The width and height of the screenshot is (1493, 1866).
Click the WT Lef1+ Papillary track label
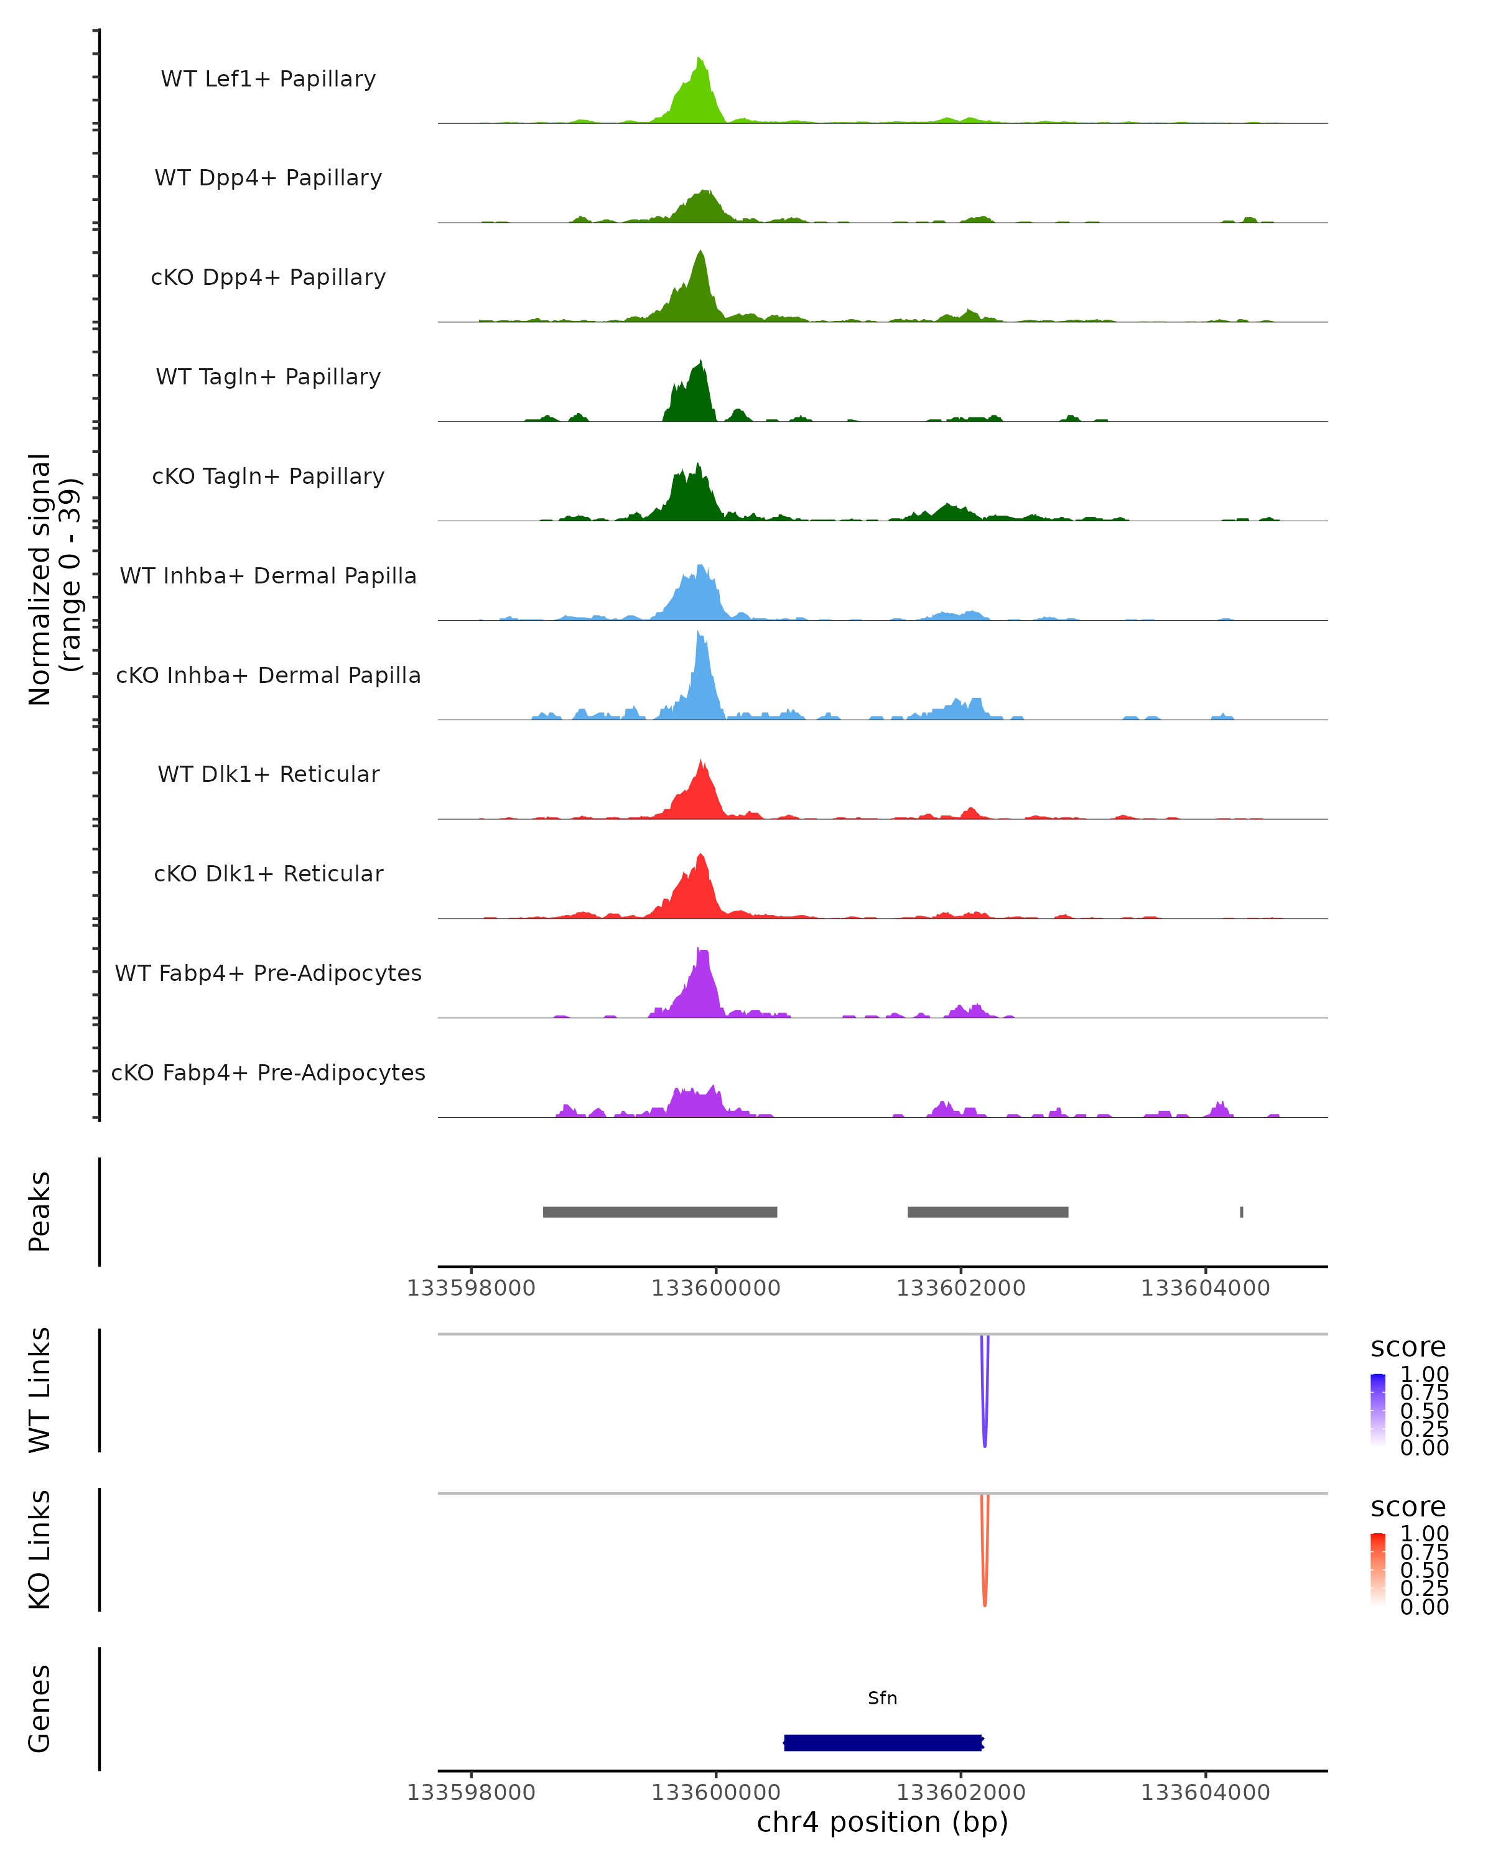pyautogui.click(x=268, y=79)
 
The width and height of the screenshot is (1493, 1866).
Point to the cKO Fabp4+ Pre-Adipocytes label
pyautogui.click(x=268, y=1072)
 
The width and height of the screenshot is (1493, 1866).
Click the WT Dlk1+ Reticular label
pyautogui.click(x=268, y=774)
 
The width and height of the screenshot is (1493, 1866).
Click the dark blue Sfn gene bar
pyautogui.click(x=883, y=1742)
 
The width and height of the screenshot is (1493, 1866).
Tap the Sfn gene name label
pyautogui.click(x=883, y=1698)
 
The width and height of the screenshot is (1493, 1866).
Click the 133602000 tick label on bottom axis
pyautogui.click(x=960, y=1793)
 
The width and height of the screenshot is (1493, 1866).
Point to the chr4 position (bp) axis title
pyautogui.click(x=882, y=1822)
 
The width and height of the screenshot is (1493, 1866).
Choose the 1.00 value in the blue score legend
pyautogui.click(x=1425, y=1375)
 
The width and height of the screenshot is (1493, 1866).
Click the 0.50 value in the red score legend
pyautogui.click(x=1425, y=1570)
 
